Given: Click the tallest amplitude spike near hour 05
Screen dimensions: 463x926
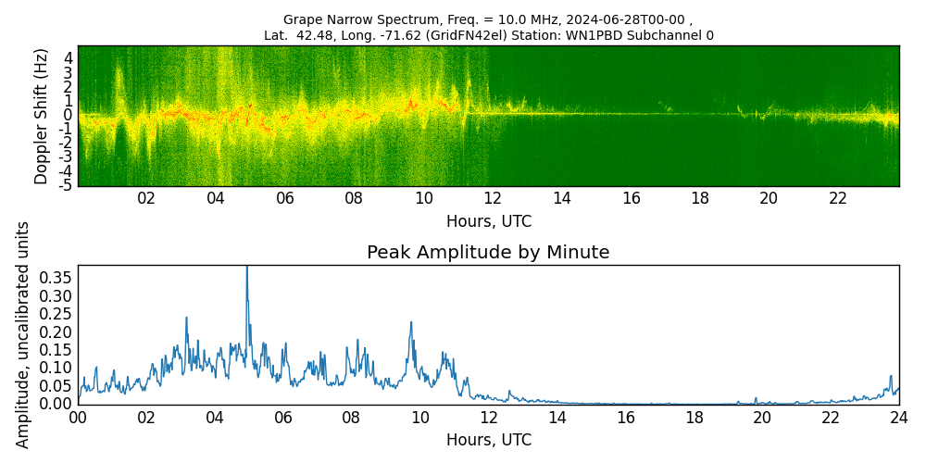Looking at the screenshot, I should (x=246, y=269).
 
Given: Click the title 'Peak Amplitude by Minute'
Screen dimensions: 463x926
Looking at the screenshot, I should (x=488, y=253).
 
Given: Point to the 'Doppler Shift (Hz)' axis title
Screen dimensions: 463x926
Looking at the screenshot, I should (x=41, y=116).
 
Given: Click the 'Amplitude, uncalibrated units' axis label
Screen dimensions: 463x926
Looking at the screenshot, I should (x=23, y=334).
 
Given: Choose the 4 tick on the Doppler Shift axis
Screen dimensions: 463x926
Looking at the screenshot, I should (x=69, y=56).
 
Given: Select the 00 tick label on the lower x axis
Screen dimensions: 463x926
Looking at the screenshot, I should (x=78, y=418).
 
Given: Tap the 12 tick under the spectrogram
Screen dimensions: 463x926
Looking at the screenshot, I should (x=493, y=198).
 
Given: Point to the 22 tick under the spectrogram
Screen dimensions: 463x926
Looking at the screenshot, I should (x=838, y=198).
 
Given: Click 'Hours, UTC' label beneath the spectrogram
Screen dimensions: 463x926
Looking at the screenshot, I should (x=488, y=221).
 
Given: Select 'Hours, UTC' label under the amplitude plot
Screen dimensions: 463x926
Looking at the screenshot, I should (x=488, y=440).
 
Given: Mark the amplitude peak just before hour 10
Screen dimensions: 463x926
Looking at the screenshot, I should (x=410, y=322).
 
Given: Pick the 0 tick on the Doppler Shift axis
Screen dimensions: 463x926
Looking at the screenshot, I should (x=69, y=114).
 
